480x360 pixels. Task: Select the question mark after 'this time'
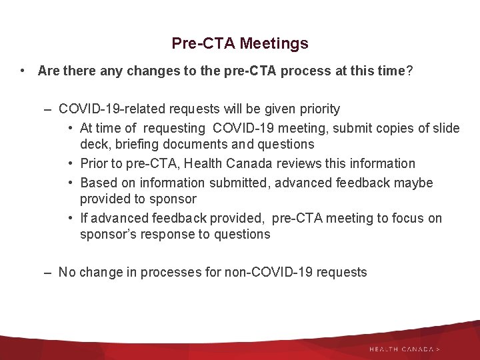[409, 71]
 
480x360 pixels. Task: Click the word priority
[318, 109]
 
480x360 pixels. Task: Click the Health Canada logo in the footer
[404, 349]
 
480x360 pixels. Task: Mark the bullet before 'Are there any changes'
[23, 71]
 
